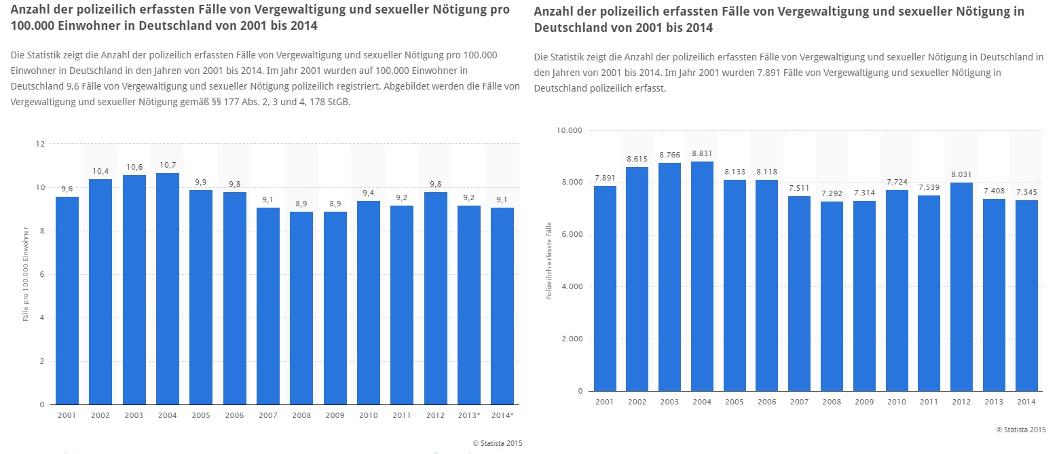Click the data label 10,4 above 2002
(x=100, y=171)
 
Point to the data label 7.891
(x=606, y=178)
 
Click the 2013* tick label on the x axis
(x=469, y=415)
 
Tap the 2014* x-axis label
(x=502, y=415)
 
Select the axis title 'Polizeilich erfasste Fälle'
(x=549, y=261)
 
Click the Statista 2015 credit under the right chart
(x=1020, y=430)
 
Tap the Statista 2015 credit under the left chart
(x=498, y=443)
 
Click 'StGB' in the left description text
(x=337, y=102)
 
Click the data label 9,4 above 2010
(x=369, y=193)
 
